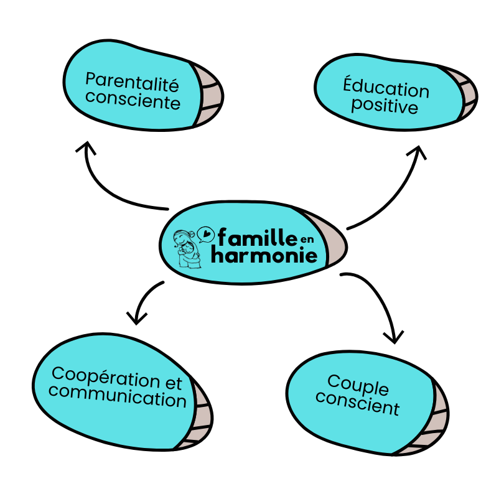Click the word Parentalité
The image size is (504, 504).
coord(132,82)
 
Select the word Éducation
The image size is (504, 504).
coord(386,88)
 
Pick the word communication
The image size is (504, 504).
coord(117,396)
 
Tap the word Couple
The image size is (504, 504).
coord(357,386)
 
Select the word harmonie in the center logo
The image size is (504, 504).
coord(264,254)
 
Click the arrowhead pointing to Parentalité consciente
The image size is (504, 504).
coord(85,148)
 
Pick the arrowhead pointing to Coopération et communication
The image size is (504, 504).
coord(137,317)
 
